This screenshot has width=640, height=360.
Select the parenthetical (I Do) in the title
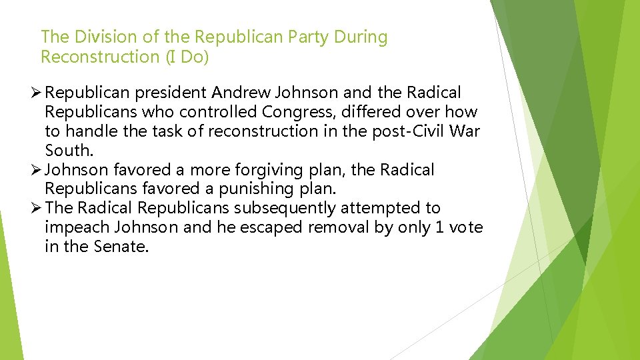point(188,57)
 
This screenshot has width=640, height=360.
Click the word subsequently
point(284,209)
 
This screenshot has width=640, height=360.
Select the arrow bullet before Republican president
point(37,92)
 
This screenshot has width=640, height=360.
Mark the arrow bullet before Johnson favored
point(37,170)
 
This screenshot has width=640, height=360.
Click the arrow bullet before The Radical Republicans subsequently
point(37,209)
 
